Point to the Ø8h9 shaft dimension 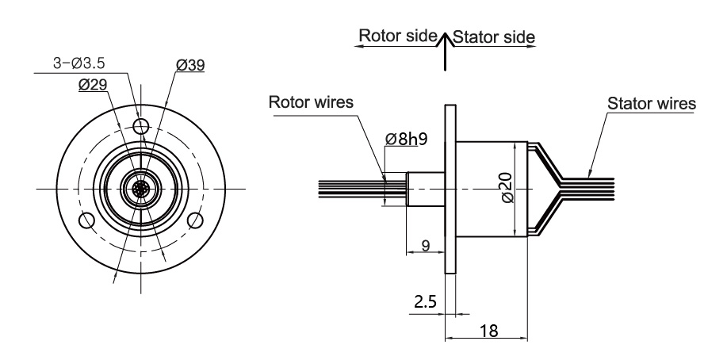point(406,140)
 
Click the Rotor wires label point(312,103)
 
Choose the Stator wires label point(651,104)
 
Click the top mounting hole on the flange point(141,126)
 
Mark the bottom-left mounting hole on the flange point(87,220)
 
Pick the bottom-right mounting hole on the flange point(195,220)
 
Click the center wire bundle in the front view point(141,189)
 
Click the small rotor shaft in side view point(425,189)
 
